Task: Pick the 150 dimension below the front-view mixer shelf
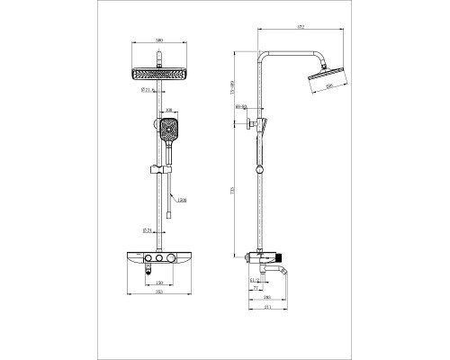[158, 283]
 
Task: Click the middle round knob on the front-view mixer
[158, 260]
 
